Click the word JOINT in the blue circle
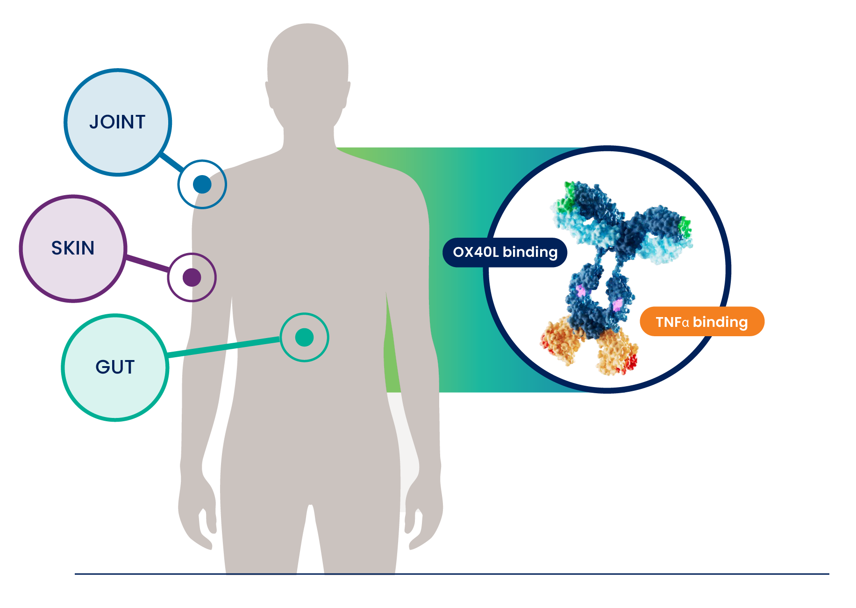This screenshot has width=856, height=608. point(117,122)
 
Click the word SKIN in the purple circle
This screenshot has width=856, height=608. point(72,248)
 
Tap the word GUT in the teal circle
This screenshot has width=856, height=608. point(115,367)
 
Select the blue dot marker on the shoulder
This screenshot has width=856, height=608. point(202,184)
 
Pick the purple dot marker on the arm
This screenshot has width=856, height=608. point(192,277)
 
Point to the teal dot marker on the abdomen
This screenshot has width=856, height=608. point(304,337)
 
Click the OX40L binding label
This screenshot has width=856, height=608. point(505,252)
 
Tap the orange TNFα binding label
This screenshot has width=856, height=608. point(701,322)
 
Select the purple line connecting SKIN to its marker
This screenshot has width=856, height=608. point(147,263)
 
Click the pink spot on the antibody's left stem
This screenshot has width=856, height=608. point(581,290)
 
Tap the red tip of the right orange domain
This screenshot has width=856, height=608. point(631,362)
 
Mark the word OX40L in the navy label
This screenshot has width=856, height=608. point(476,252)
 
